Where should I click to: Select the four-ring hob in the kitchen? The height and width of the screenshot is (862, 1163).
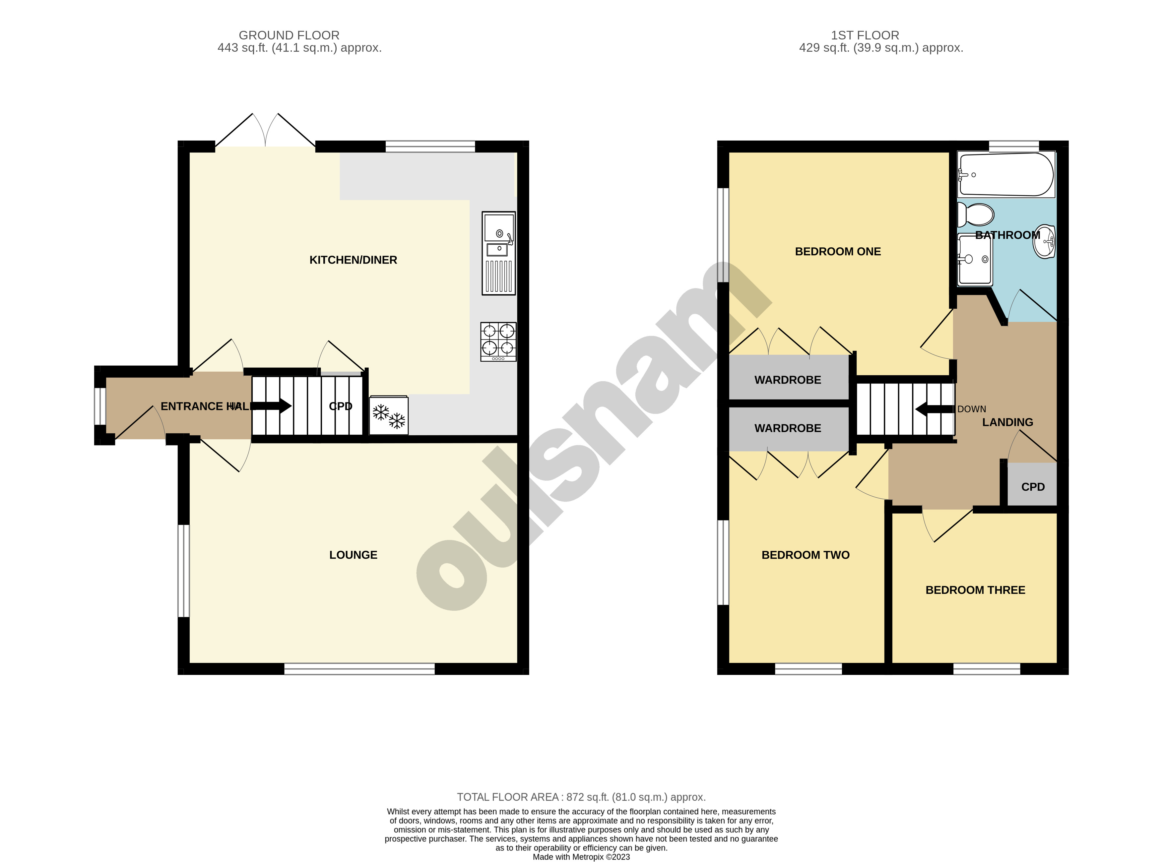(498, 341)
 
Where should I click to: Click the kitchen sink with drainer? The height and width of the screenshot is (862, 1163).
(498, 253)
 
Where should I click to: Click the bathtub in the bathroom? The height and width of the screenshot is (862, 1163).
(1005, 175)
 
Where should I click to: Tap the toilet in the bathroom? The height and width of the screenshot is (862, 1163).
(975, 215)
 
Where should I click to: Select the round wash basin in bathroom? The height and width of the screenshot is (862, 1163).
(1045, 242)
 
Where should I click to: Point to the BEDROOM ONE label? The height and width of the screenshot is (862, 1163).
(837, 252)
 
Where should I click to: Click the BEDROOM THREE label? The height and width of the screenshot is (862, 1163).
(975, 590)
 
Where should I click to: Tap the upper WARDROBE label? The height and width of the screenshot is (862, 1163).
(787, 380)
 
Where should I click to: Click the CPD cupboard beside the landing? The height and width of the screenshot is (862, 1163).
(1032, 487)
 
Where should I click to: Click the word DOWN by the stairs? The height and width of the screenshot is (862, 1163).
(971, 409)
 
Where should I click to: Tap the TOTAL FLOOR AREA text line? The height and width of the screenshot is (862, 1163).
(581, 797)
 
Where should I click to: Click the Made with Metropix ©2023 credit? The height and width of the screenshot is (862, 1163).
(581, 856)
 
